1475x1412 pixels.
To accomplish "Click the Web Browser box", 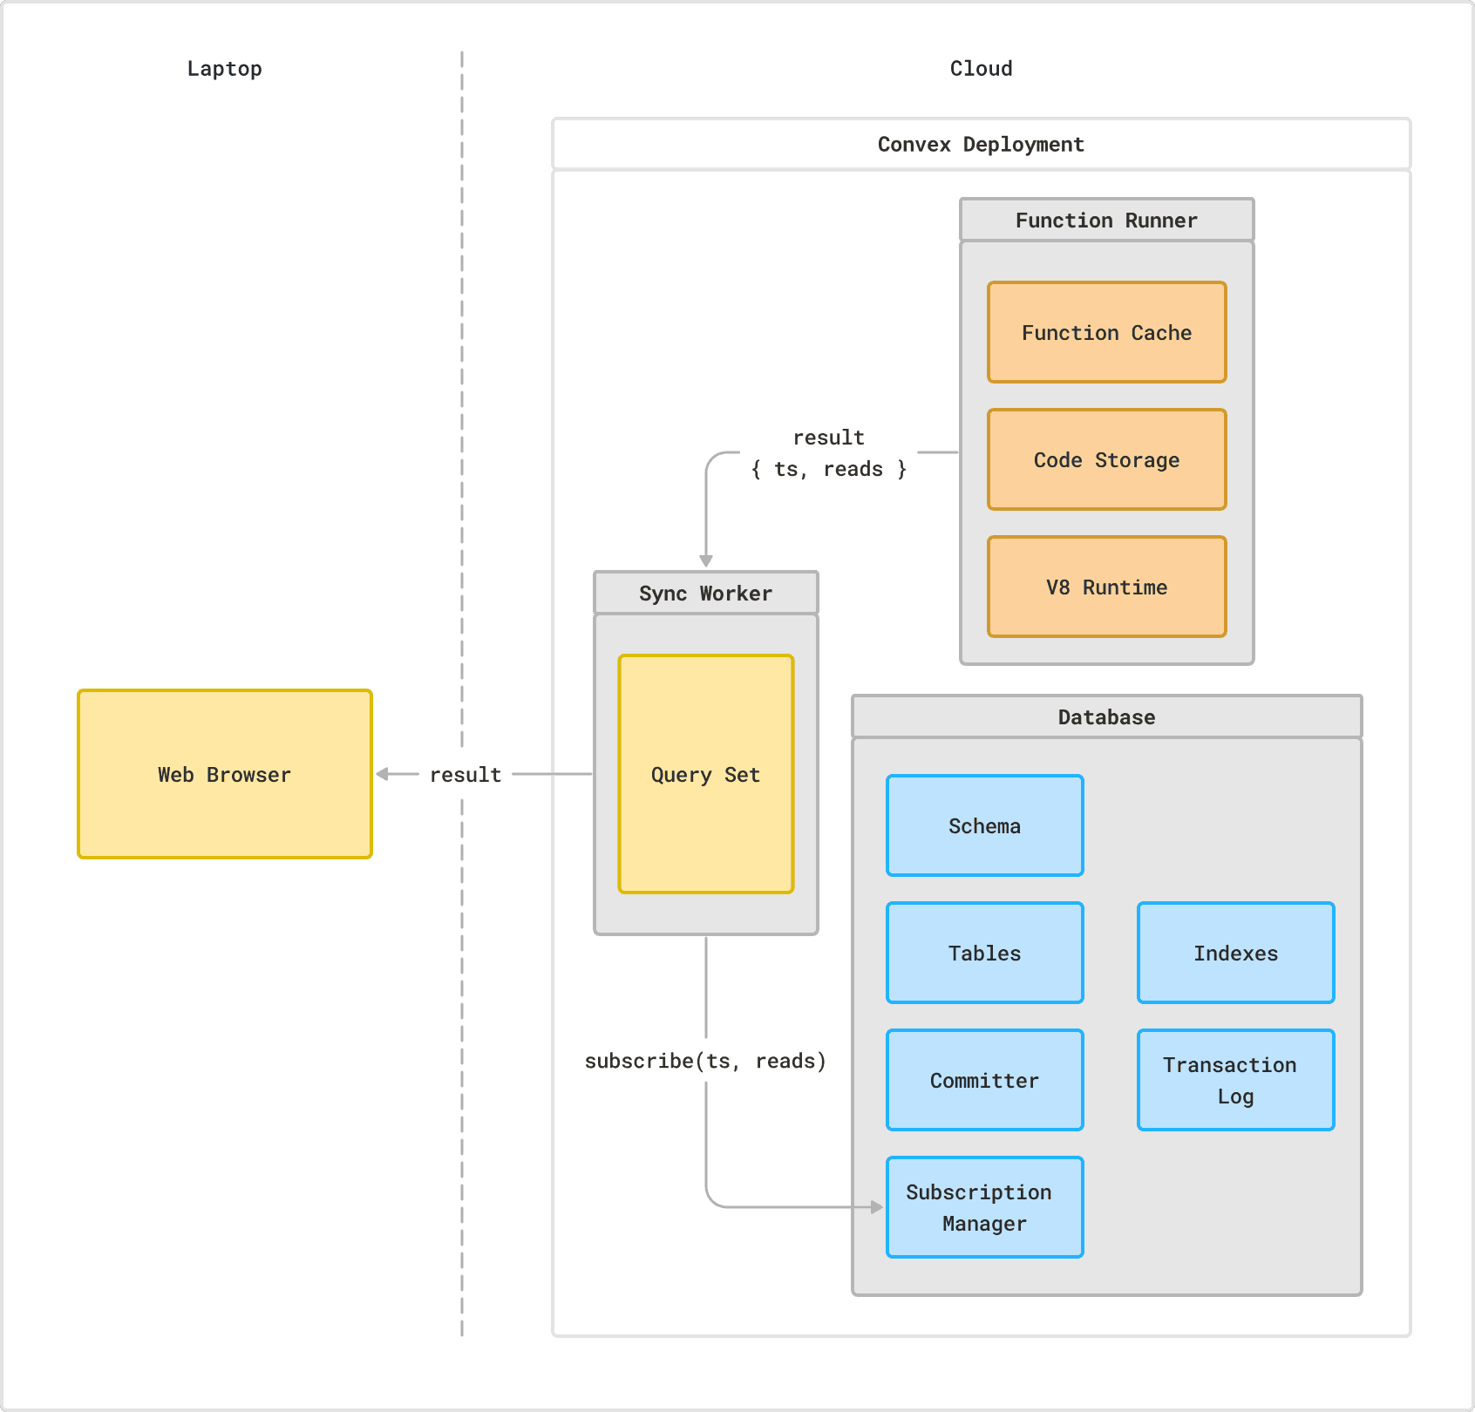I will [x=225, y=774].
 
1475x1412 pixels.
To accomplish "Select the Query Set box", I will [x=705, y=774].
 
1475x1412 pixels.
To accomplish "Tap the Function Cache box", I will [x=1106, y=332].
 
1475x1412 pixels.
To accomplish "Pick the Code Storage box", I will [x=1106, y=459].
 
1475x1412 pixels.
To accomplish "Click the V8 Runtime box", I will [x=1106, y=587].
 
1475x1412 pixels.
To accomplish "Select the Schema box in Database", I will [x=984, y=825].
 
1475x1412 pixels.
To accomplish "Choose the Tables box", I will [x=984, y=953].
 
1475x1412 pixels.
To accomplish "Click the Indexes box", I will [x=1235, y=953].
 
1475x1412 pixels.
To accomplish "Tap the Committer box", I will [x=984, y=1080].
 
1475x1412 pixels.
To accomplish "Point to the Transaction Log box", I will [x=1235, y=1080].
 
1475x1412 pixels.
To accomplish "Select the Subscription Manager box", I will [x=984, y=1207].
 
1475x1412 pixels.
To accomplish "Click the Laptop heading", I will [x=224, y=69].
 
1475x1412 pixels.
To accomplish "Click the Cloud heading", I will [x=981, y=69].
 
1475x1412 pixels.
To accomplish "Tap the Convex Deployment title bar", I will [x=981, y=144].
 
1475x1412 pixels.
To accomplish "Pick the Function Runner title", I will [x=1106, y=220].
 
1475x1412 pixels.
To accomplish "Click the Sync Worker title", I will [x=705, y=593].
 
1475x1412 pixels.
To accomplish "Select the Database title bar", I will [x=1106, y=716].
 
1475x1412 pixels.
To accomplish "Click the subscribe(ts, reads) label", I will [x=705, y=1061].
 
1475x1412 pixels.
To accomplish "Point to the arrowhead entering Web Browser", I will [x=383, y=774].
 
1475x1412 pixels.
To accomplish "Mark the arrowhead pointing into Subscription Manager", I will [x=876, y=1207].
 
